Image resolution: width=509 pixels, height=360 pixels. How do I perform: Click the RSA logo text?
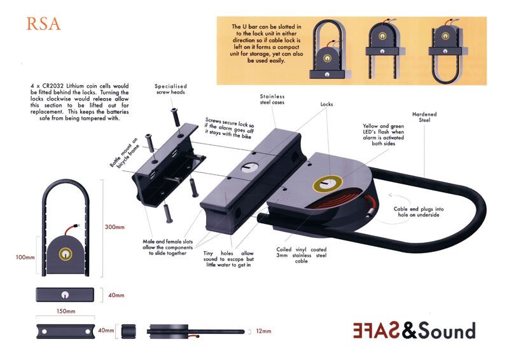pos(43,24)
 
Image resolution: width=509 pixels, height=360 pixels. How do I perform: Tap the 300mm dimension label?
pos(115,227)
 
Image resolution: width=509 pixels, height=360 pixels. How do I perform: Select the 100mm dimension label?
pos(25,257)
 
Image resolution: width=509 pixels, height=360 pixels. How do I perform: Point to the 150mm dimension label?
pos(66,311)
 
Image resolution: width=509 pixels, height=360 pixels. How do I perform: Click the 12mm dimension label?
pos(263,331)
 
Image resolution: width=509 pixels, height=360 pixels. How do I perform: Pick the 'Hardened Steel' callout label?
pos(424,117)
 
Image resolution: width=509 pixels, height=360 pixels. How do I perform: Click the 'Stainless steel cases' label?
pos(272,99)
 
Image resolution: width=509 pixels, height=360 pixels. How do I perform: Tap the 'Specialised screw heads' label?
pos(171,89)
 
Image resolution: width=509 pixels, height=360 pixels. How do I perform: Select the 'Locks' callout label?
pos(326,104)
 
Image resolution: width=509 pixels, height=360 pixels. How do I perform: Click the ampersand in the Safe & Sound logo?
pos(409,330)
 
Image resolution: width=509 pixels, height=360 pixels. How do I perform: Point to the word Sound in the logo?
pos(447,331)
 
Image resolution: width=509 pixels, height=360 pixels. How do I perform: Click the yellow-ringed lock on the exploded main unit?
pos(328,184)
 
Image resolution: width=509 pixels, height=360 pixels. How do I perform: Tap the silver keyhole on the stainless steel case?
pos(249,167)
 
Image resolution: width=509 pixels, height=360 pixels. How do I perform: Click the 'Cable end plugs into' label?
pos(419,209)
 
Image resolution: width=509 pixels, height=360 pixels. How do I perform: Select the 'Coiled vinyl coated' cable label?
pos(301,249)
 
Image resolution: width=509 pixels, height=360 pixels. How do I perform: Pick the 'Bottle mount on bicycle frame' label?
pos(124,153)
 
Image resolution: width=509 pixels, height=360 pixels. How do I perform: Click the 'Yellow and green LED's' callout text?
pos(384,129)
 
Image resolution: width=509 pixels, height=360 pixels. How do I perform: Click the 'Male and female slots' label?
pos(167,242)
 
